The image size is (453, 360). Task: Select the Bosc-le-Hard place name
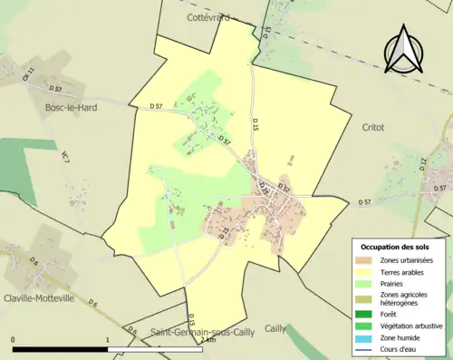[71, 107]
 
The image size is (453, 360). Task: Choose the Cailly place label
[275, 328]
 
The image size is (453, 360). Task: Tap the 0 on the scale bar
[13, 340]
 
